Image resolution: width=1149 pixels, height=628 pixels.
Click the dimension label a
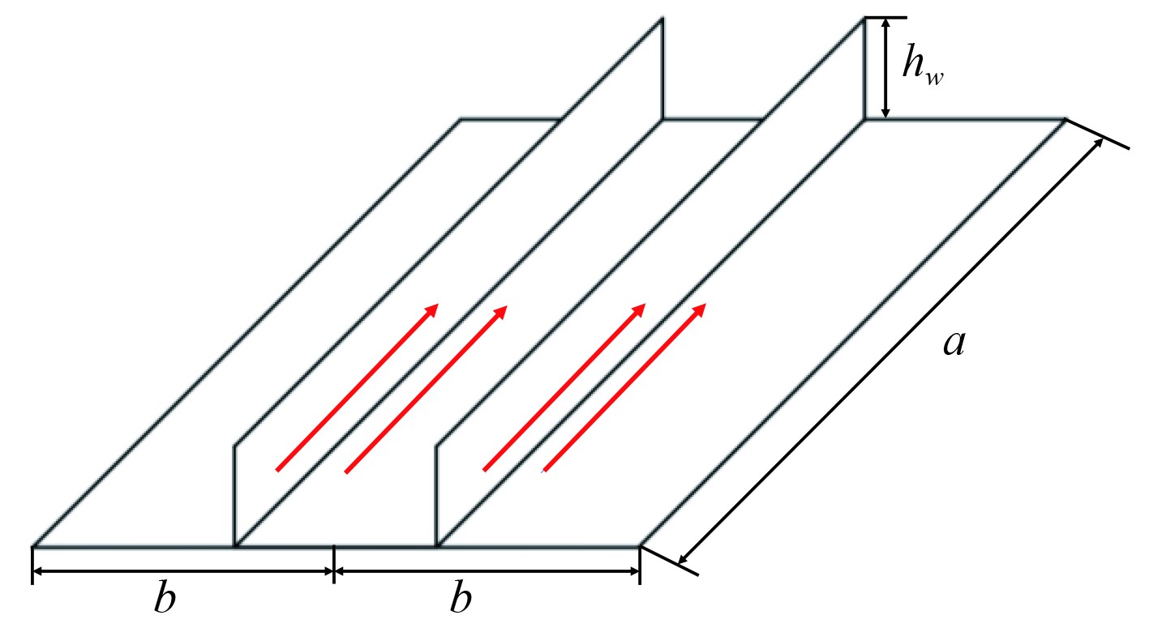click(954, 344)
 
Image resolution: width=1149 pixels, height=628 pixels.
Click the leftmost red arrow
click(358, 387)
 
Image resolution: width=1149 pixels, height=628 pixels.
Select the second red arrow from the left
click(427, 388)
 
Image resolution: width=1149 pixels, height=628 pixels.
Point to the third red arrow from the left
click(564, 387)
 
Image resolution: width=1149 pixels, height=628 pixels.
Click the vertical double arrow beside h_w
click(885, 68)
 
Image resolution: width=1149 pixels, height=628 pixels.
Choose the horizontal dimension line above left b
click(182, 571)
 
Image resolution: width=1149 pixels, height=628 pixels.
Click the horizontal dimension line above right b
click(487, 571)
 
